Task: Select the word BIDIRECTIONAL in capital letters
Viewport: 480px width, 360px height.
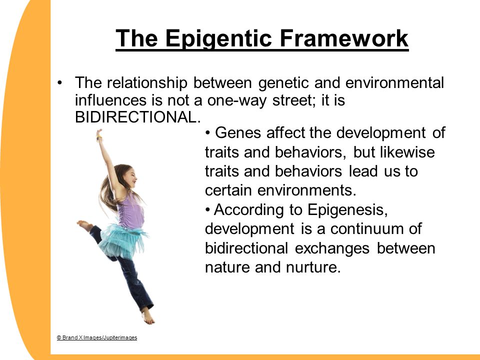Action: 138,117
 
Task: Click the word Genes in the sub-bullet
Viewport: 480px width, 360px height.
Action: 238,133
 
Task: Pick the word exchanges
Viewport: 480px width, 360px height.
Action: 332,248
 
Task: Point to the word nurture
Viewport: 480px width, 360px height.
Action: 313,267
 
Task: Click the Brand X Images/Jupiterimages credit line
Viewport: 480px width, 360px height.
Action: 96,337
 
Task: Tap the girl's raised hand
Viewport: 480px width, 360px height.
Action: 99,134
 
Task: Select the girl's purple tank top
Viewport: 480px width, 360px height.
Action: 130,210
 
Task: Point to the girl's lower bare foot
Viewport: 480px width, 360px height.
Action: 148,315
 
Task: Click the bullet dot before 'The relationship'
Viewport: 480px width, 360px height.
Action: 59,82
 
